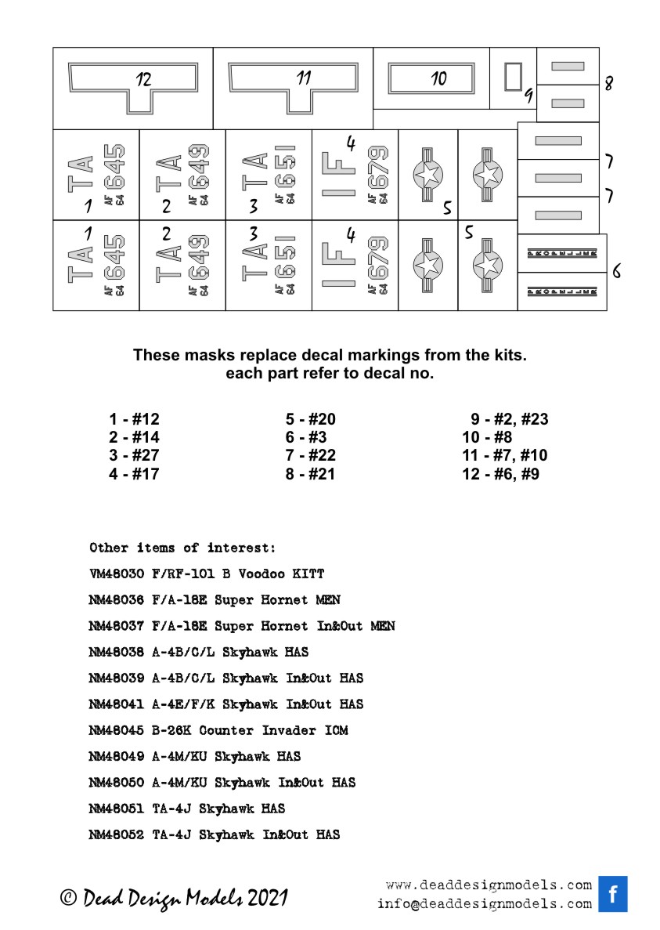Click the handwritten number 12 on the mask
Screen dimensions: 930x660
pyautogui.click(x=143, y=78)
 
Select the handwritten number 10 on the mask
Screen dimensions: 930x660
pyautogui.click(x=438, y=78)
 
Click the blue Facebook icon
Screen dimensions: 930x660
pyautogui.click(x=613, y=894)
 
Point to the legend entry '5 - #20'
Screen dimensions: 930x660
pyautogui.click(x=310, y=419)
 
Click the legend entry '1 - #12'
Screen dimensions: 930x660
pyautogui.click(x=133, y=419)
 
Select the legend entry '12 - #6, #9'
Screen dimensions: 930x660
pyautogui.click(x=500, y=474)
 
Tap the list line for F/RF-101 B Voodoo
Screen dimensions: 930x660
pyautogui.click(x=207, y=574)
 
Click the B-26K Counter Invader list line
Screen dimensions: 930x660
pyautogui.click(x=218, y=730)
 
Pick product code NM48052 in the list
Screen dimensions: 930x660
pyautogui.click(x=117, y=834)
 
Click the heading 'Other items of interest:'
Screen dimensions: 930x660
pyautogui.click(x=182, y=547)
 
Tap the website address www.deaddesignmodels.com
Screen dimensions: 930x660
pyautogui.click(x=489, y=885)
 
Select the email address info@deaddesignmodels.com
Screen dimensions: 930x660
pyautogui.click(x=484, y=903)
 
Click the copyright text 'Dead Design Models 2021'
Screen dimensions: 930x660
pyautogui.click(x=174, y=898)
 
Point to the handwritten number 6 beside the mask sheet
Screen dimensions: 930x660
pyautogui.click(x=617, y=271)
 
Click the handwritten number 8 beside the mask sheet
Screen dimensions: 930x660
pyautogui.click(x=608, y=83)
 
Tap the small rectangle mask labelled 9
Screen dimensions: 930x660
pyautogui.click(x=513, y=77)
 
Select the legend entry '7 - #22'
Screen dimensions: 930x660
pyautogui.click(x=310, y=455)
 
